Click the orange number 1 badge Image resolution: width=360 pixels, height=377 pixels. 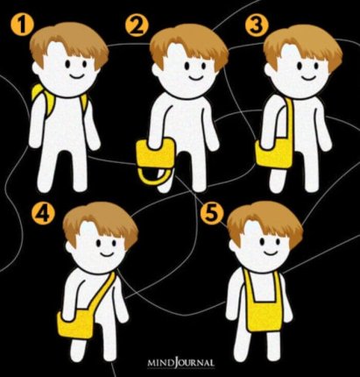coord(23,25)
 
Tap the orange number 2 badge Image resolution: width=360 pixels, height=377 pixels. coord(137,25)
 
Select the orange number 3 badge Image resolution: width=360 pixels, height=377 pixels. coord(256,25)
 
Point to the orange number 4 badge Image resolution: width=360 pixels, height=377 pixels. coord(43,214)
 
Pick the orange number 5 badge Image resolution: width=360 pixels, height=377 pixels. coord(212,213)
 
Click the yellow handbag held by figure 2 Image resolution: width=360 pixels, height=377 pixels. coord(156,160)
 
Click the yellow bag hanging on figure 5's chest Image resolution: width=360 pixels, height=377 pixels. coord(264,304)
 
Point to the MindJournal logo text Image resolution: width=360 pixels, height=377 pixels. coord(180,363)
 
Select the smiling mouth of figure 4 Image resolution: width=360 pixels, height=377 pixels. coord(107,253)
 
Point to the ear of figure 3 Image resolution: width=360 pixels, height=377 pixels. coord(268,69)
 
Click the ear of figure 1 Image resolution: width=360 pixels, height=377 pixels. coord(36,68)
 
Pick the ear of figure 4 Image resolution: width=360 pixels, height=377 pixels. coord(70,248)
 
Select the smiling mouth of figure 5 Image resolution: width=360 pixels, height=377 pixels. coord(271,252)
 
